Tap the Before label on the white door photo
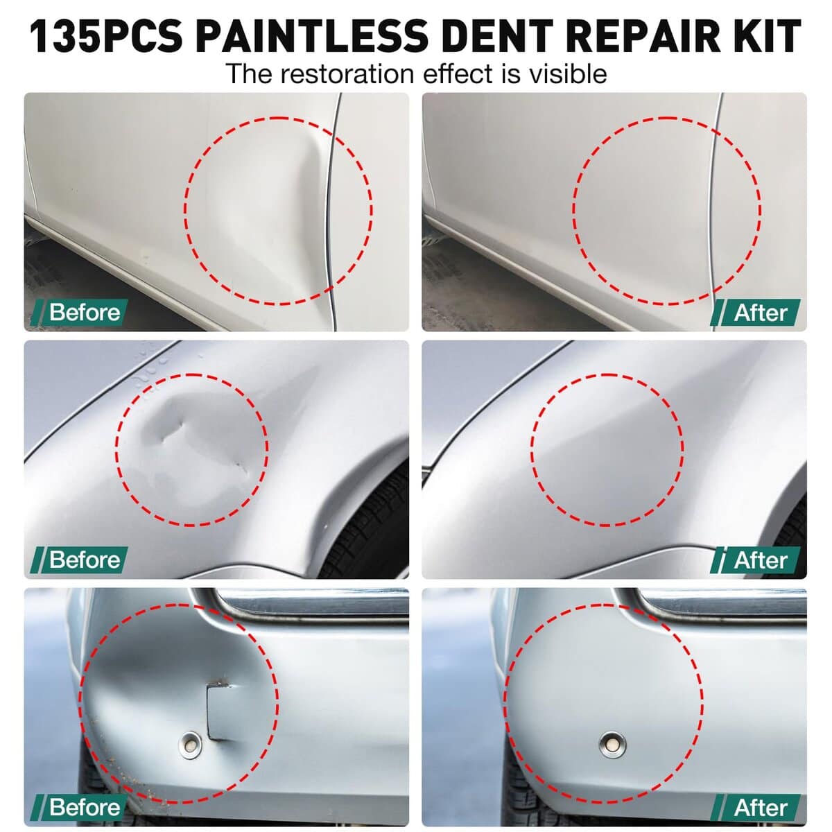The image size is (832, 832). (85, 312)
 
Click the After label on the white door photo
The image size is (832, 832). (761, 313)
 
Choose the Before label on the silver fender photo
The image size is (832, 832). (85, 560)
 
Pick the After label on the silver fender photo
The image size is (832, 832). (761, 560)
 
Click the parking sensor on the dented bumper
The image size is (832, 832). (191, 745)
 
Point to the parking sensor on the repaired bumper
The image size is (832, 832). (613, 745)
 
